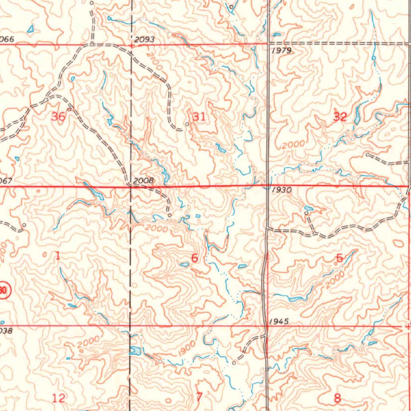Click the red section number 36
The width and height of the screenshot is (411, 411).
(59, 117)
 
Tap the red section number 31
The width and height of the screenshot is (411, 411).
(199, 117)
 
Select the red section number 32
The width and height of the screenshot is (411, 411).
(340, 117)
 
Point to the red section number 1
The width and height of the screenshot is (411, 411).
(57, 256)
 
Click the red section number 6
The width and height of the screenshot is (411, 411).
(194, 258)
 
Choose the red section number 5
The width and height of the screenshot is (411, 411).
(339, 258)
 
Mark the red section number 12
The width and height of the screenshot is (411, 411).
(58, 398)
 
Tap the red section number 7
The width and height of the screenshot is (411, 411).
(199, 397)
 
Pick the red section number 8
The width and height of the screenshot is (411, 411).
(337, 398)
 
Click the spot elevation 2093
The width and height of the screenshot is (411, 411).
(144, 40)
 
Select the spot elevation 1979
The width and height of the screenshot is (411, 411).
(281, 51)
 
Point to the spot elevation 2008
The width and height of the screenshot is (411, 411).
(143, 181)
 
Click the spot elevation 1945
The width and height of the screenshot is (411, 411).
(279, 321)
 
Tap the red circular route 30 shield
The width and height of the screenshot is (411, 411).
(3, 290)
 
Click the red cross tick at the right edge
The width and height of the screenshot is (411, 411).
(408, 327)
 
